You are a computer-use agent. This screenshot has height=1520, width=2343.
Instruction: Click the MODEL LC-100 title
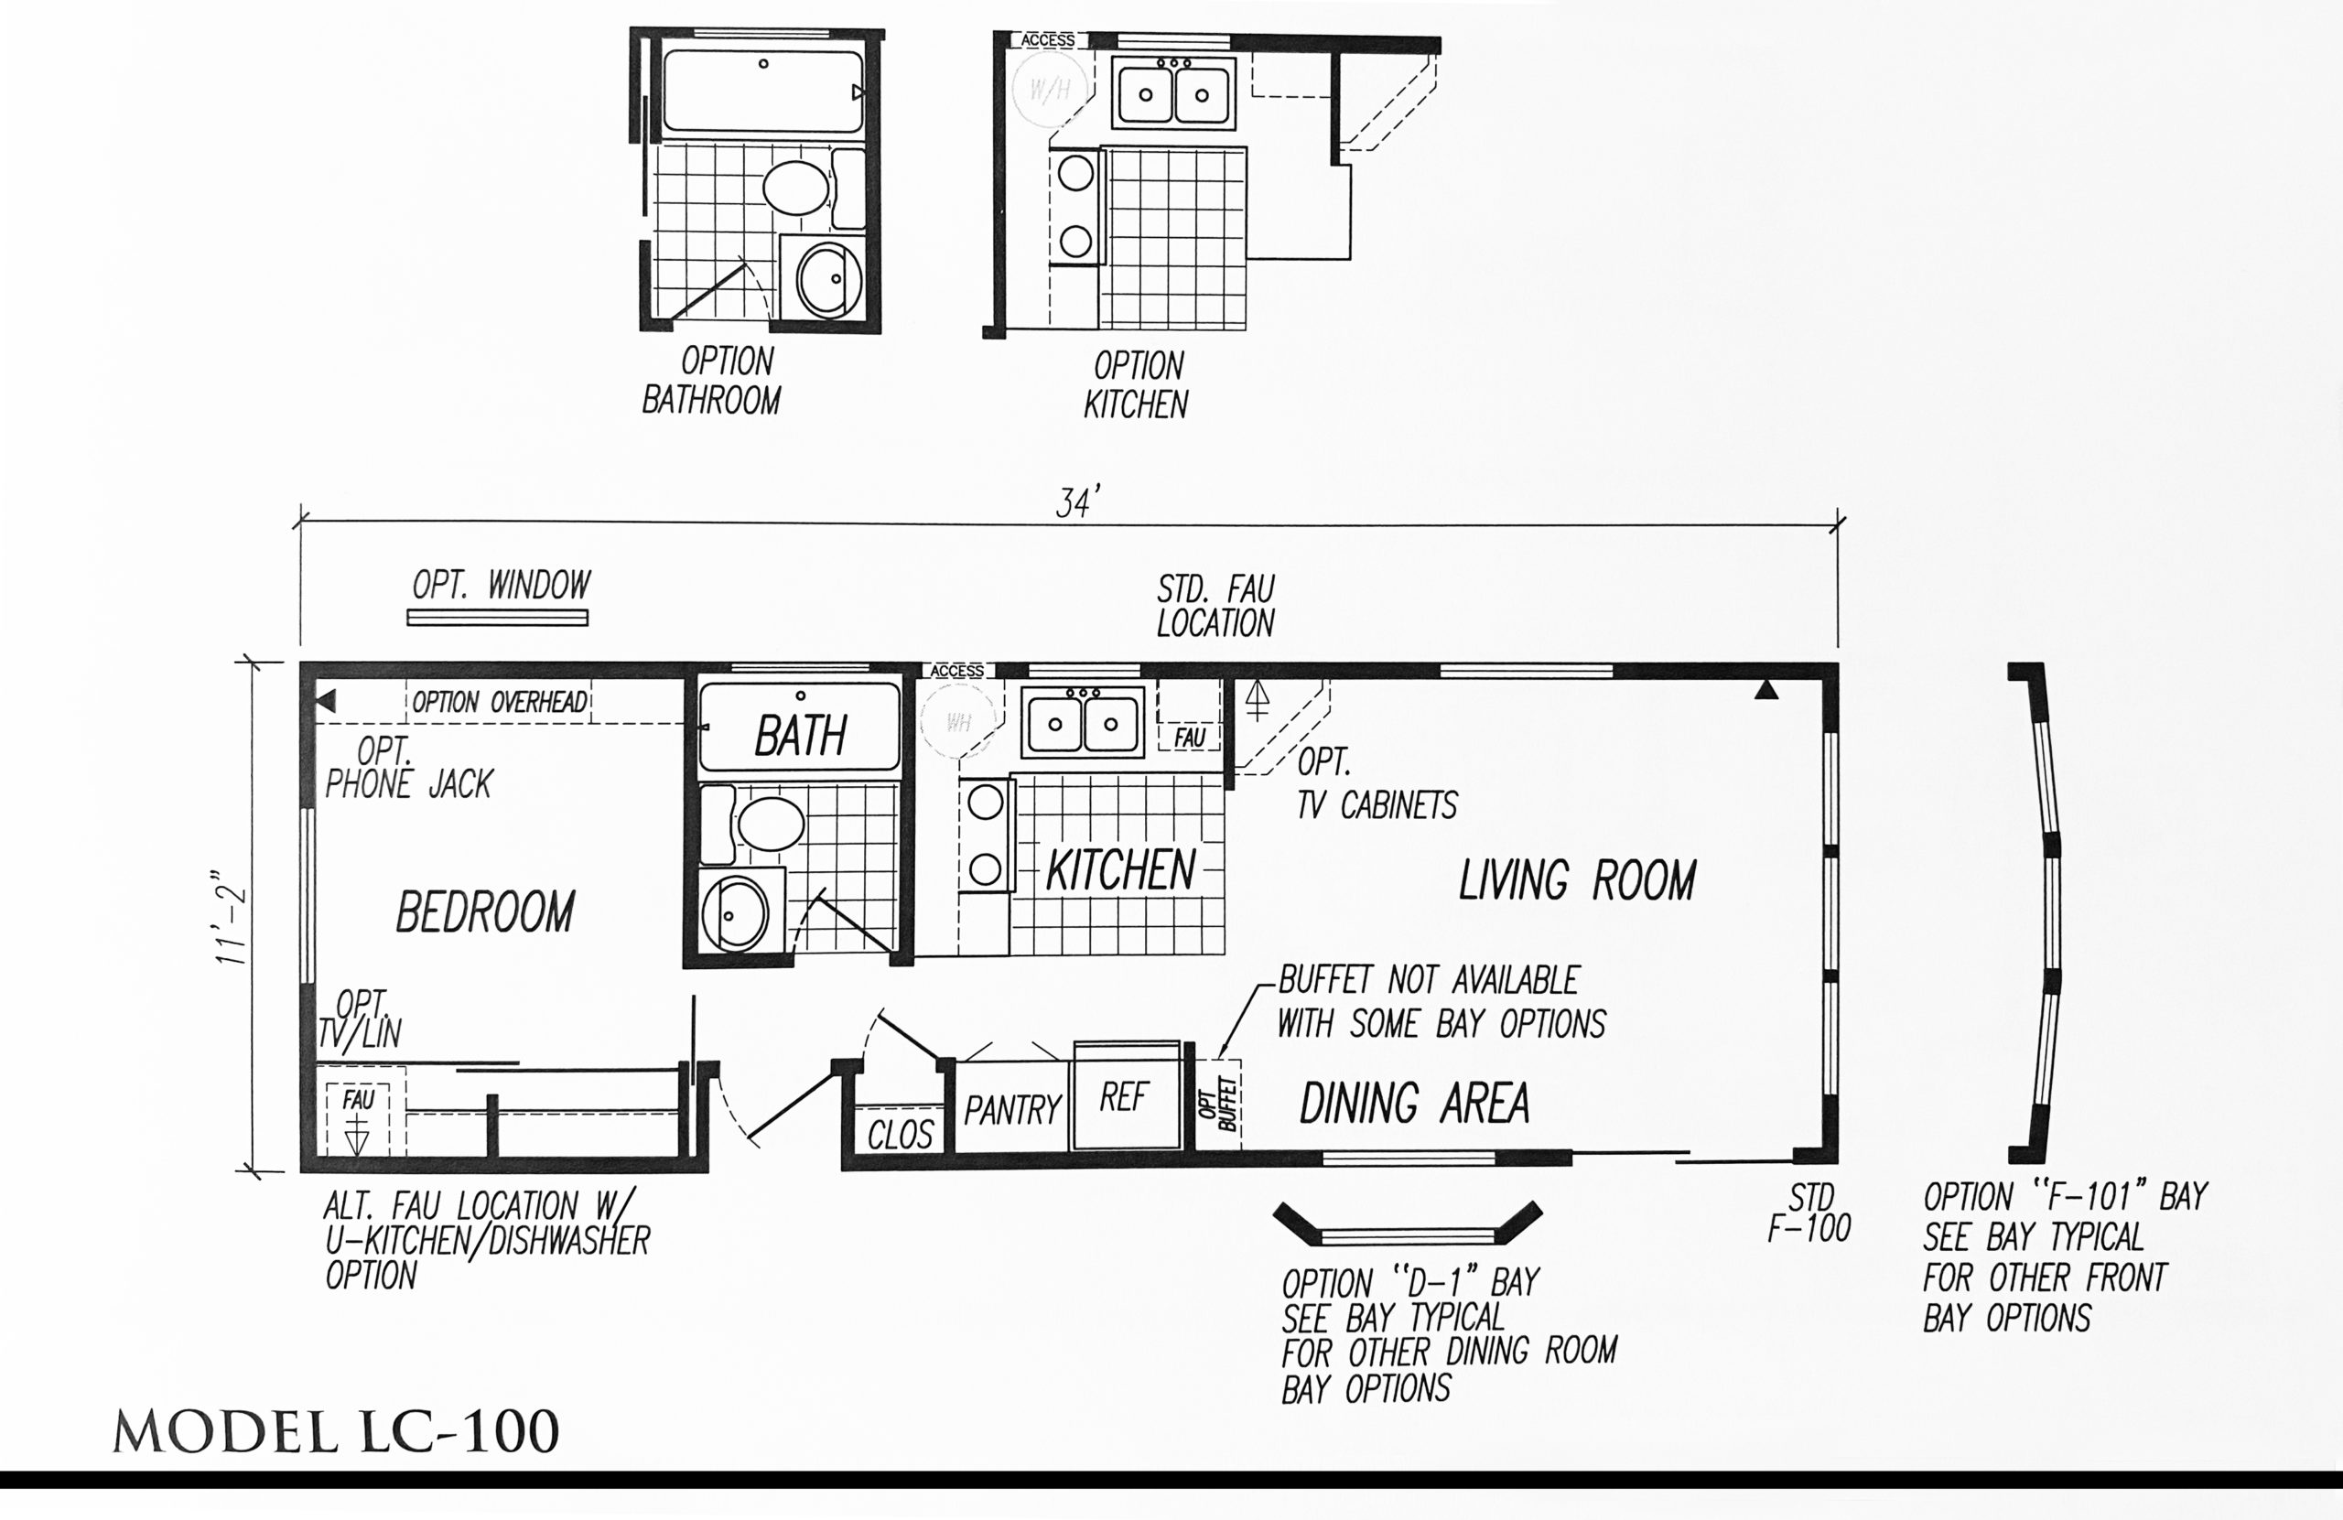click(336, 1431)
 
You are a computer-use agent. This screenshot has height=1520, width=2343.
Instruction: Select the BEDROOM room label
click(485, 911)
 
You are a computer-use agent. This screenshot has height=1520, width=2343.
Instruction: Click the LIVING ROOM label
click(1577, 880)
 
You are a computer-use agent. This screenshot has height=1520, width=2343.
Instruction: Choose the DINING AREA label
click(1415, 1103)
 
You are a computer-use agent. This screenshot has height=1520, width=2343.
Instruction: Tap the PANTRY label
click(1012, 1110)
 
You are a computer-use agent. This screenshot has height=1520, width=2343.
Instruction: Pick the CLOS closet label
click(900, 1135)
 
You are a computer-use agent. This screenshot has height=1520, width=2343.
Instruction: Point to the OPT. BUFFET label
click(1218, 1105)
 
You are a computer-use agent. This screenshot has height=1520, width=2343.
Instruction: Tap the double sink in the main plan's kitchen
click(1083, 723)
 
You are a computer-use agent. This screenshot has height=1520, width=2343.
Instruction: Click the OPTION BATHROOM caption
click(712, 381)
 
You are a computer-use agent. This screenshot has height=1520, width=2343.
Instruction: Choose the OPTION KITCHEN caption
click(1137, 385)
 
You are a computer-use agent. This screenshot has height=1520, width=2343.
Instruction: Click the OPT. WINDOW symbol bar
click(498, 619)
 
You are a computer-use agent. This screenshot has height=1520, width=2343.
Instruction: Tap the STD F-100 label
click(1809, 1212)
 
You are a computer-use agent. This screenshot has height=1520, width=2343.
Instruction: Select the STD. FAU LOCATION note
click(1215, 607)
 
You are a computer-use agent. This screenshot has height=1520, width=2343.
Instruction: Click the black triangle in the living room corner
click(1766, 690)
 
